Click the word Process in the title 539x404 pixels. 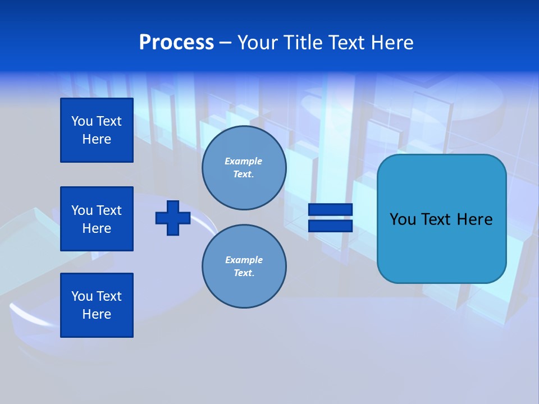(176, 43)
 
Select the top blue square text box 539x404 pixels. (97, 130)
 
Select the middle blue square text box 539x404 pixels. (97, 219)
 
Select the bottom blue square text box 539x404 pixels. (97, 305)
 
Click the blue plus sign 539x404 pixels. (173, 218)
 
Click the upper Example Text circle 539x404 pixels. (244, 168)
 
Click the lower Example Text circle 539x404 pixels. (244, 266)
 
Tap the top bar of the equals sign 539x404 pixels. (330, 209)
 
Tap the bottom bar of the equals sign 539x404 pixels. (330, 226)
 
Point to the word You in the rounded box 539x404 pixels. (403, 219)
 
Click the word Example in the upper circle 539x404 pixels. (243, 161)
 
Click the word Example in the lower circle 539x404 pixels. (243, 260)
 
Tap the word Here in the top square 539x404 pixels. (97, 139)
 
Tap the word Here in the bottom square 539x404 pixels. (97, 314)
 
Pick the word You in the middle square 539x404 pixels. (82, 210)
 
